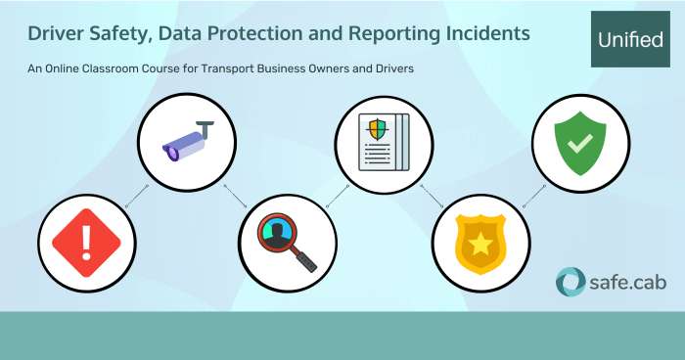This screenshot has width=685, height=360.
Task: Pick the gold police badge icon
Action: point(480,241)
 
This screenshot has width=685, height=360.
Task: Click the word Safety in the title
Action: point(123,33)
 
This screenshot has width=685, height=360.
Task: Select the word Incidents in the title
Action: point(485,33)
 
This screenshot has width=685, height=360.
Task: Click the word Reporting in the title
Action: point(393,33)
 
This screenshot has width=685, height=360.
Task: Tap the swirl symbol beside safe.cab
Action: point(571,282)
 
